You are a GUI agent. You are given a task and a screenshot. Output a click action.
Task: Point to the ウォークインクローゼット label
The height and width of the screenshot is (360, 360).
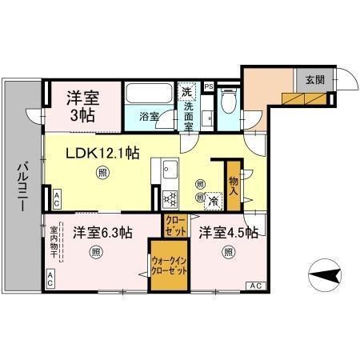pyautogui.click(x=170, y=266)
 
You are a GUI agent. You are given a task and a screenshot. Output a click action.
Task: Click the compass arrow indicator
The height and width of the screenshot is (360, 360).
pyautogui.click(x=321, y=278)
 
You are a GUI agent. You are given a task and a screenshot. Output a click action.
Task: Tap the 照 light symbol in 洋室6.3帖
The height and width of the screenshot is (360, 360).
pyautogui.click(x=96, y=253)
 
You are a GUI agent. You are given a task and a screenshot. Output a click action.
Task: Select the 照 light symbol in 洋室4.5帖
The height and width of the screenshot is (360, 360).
pyautogui.click(x=228, y=253)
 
